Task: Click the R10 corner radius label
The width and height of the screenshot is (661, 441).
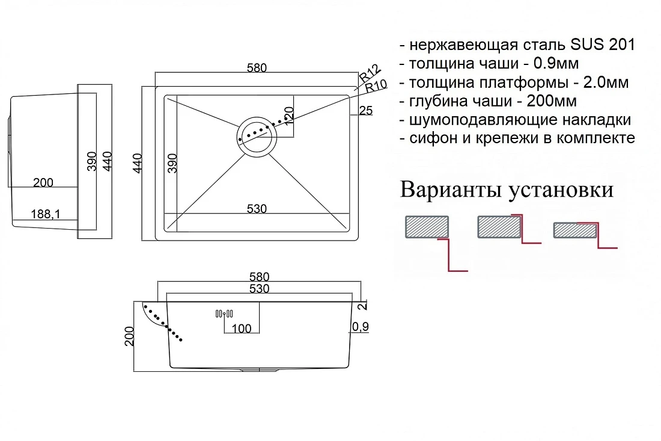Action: pos(376,86)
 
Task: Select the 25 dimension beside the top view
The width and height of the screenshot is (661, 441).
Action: pos(365,110)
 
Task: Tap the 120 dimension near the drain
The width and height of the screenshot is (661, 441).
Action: pos(289,116)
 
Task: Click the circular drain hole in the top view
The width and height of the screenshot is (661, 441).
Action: pos(257,135)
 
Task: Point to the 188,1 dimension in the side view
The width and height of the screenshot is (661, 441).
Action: pos(46,214)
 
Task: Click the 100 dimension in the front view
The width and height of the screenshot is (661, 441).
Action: pos(242,328)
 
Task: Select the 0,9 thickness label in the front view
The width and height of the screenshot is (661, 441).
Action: pos(360,326)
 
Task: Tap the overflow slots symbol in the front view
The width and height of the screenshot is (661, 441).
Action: pos(224,314)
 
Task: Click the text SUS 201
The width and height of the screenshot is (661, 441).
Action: pos(602,45)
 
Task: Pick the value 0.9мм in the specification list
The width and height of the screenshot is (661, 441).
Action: pos(556,63)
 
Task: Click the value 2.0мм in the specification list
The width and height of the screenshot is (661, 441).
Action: pos(606,82)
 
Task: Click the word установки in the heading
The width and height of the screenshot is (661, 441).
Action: pos(561,191)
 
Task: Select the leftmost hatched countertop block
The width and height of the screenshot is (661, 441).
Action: pos(427,227)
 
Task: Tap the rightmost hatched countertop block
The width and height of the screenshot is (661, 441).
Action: pos(575,230)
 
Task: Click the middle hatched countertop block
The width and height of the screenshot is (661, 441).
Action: pos(499,227)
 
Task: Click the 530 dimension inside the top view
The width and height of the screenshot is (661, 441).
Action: pos(257,209)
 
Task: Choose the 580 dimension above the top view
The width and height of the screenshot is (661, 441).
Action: pos(257,67)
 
